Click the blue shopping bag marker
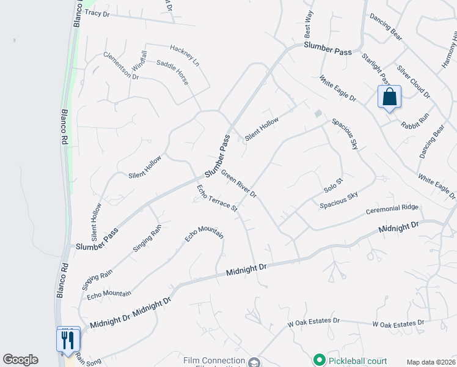389,97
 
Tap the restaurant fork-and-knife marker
68,339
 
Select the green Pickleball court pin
318,359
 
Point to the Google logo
20,360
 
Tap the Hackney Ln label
185,55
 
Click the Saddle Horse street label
173,72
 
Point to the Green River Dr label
238,183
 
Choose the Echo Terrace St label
217,198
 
